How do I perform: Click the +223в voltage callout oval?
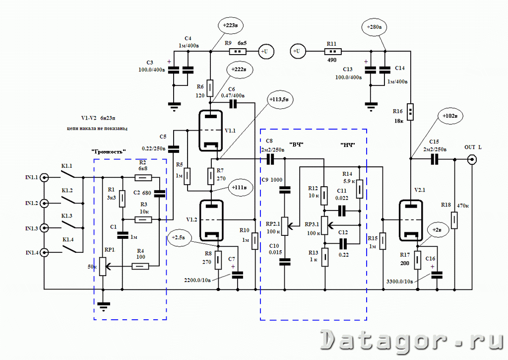(231, 25)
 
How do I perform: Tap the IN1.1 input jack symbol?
(45, 178)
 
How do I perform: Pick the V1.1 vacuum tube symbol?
(211, 130)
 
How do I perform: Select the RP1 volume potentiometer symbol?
(102, 266)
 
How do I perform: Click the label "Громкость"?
(109, 151)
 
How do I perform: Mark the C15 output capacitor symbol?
(435, 159)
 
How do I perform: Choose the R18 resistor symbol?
(454, 219)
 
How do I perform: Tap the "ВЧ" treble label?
(296, 144)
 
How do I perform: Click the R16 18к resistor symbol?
(411, 109)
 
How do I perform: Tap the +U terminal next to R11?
(297, 51)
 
